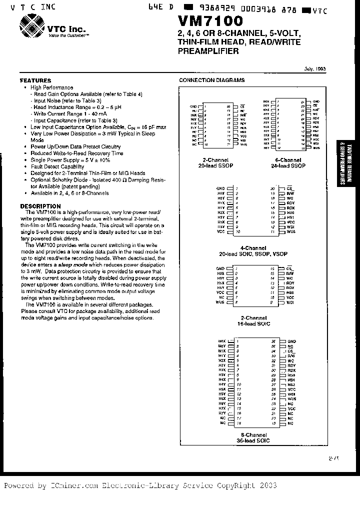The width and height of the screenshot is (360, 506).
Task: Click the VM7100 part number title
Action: point(210,21)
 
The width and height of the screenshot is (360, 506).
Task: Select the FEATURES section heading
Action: point(35,80)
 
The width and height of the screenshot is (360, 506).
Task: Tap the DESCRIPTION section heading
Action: point(40,206)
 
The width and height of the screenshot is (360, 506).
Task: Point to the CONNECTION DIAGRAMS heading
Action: point(212,80)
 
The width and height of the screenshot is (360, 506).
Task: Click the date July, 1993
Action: point(314,69)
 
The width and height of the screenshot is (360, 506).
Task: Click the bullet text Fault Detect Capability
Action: point(57,166)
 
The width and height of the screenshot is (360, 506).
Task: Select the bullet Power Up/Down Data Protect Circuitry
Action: point(75,147)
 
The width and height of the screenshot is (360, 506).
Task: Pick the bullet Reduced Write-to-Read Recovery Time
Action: point(76,153)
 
